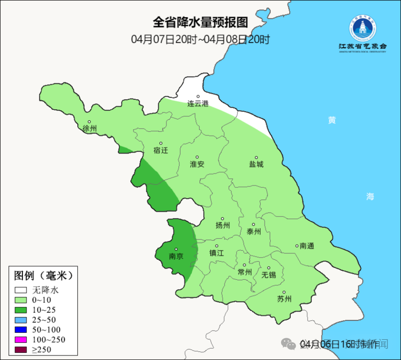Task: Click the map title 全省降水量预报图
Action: pos(200,22)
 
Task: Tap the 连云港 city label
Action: pos(198,104)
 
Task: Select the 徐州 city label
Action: pos(89,129)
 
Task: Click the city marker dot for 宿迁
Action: pos(161,143)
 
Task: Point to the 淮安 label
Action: pos(197,164)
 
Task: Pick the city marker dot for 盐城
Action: pos(256,158)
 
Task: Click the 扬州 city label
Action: pos(223,225)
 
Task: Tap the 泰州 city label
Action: pos(254,231)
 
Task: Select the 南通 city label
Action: pos(307,246)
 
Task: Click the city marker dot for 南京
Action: pos(176,250)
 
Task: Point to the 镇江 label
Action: pos(216,253)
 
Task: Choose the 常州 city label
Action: pos(245,272)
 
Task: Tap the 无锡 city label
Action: pos(269,275)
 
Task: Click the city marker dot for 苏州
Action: pos(284,292)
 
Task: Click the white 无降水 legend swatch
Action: pos(21,290)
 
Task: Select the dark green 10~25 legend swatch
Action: pos(21,310)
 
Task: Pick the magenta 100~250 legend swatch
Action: pos(21,340)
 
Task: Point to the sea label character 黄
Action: pos(332,120)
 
